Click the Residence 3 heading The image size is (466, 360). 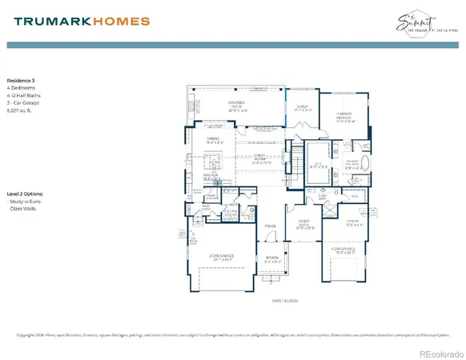coord(23,81)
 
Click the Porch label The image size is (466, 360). coord(273,258)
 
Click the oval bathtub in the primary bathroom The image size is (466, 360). coord(366,166)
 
